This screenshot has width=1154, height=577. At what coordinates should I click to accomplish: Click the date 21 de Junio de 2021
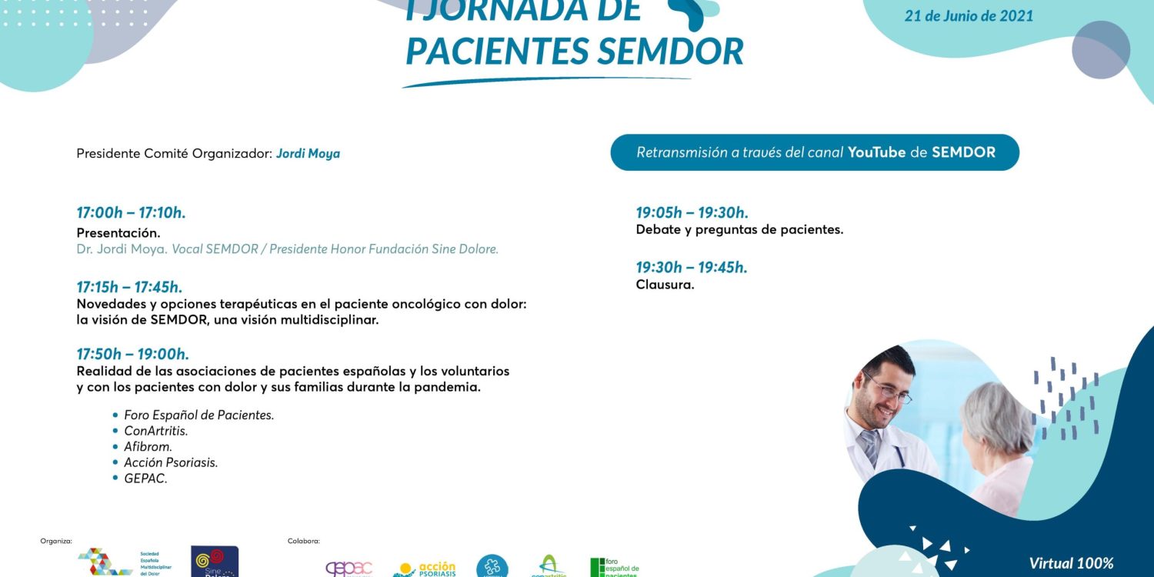click(x=969, y=16)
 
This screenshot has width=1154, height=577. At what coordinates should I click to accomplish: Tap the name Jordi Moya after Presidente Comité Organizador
click(x=308, y=153)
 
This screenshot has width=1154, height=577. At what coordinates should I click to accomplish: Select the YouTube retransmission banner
click(x=815, y=152)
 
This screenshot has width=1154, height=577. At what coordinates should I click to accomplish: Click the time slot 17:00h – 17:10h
click(x=131, y=213)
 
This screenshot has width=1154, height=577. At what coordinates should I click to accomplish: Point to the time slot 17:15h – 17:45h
click(x=129, y=287)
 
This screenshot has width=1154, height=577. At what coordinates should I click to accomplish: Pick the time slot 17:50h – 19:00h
click(x=132, y=354)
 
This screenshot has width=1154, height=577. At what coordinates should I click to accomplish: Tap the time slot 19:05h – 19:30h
click(x=692, y=213)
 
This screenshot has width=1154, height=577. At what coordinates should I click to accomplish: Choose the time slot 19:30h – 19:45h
click(x=692, y=268)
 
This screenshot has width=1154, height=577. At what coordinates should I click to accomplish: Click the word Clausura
click(x=665, y=285)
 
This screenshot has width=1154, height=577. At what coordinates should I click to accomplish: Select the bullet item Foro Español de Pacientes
click(x=198, y=415)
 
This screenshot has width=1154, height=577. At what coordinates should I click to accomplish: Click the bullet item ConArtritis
click(x=155, y=431)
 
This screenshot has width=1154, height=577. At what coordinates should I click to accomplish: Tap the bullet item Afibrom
click(x=148, y=447)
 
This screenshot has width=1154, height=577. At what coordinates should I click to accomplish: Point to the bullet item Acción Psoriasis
click(x=171, y=462)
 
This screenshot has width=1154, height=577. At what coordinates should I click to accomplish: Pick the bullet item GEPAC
click(x=145, y=479)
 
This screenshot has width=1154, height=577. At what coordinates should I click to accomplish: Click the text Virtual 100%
click(x=1071, y=563)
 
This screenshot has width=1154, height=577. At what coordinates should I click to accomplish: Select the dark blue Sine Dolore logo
click(x=215, y=562)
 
